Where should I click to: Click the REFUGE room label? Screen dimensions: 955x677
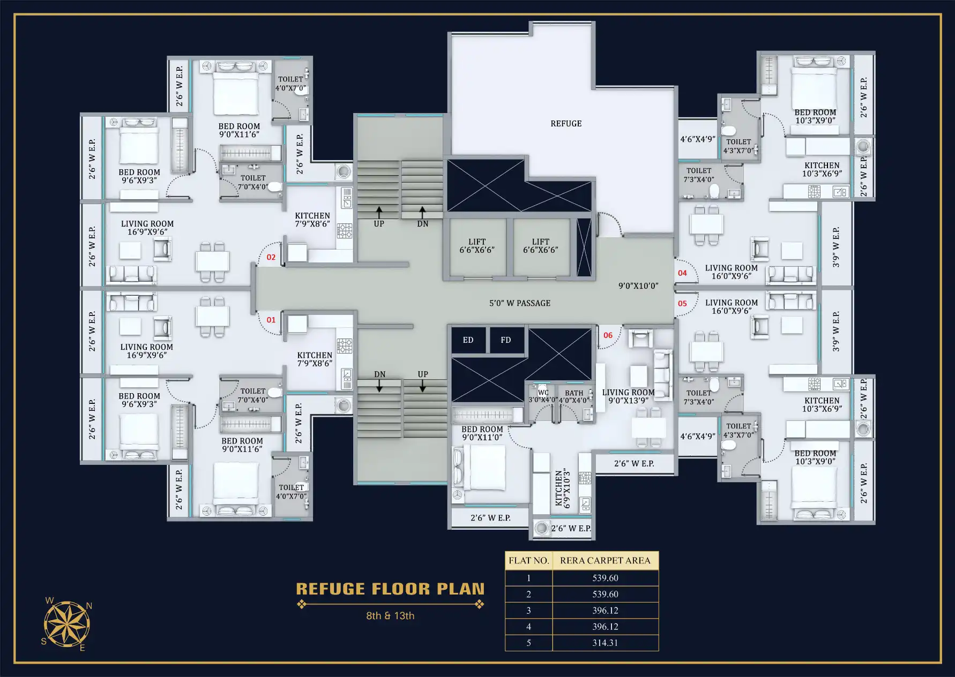[566, 124]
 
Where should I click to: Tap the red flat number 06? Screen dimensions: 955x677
[608, 335]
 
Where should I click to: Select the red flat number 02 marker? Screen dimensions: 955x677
[271, 257]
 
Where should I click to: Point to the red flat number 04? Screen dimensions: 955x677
[682, 273]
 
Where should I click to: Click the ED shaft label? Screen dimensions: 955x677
[468, 340]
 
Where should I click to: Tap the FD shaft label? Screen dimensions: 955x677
[505, 340]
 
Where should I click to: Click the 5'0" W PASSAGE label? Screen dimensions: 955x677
[520, 303]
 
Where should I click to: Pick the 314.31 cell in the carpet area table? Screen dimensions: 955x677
[605, 643]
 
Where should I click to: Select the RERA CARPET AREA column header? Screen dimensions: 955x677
[605, 561]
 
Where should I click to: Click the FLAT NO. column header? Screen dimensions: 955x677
[528, 561]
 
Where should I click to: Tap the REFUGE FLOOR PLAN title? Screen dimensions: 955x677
[390, 589]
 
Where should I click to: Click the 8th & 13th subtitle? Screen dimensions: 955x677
[390, 616]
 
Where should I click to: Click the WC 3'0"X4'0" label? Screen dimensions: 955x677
[542, 396]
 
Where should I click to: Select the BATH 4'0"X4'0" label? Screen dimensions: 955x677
[574, 396]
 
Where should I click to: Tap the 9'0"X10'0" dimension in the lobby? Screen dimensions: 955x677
[638, 286]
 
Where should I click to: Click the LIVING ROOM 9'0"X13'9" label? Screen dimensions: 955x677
[628, 396]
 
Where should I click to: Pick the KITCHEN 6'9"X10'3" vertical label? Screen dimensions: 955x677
[562, 488]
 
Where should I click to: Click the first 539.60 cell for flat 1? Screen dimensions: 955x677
[605, 578]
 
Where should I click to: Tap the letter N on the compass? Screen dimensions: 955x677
[89, 606]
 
